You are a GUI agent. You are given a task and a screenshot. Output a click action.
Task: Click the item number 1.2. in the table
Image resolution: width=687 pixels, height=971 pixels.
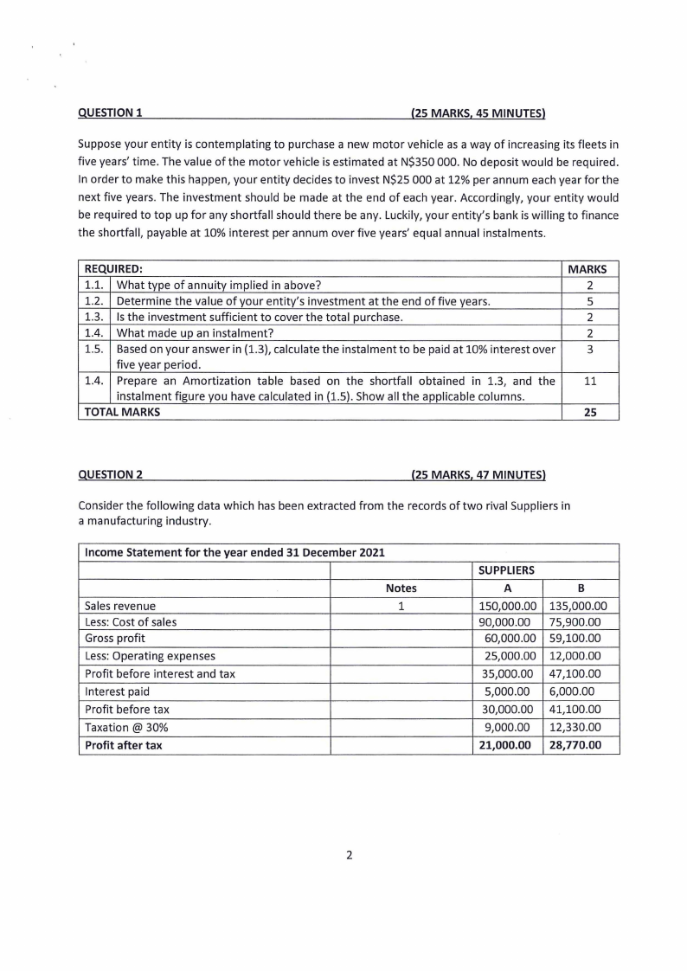(x=95, y=301)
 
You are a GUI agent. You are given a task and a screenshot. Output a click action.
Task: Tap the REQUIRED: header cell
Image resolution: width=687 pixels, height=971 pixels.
(x=112, y=269)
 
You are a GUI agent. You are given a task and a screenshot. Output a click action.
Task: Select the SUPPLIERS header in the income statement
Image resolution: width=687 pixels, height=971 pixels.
(x=507, y=570)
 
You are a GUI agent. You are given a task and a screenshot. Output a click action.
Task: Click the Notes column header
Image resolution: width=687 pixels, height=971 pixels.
(x=401, y=588)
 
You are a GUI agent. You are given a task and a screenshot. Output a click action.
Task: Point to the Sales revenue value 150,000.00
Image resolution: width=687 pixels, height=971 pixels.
(x=508, y=606)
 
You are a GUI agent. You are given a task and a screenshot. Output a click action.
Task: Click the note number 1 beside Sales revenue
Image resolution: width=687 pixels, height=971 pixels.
(x=401, y=606)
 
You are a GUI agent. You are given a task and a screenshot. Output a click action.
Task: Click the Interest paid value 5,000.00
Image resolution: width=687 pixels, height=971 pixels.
(x=511, y=691)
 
